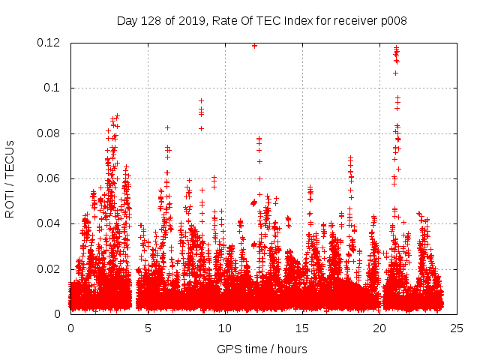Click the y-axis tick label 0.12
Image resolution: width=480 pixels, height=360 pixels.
(x=49, y=43)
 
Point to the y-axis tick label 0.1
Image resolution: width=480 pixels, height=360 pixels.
(x=52, y=88)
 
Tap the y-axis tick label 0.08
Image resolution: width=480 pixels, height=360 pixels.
(x=49, y=133)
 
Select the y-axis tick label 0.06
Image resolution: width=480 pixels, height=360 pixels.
(x=49, y=178)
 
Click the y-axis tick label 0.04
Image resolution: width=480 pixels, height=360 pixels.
(x=49, y=223)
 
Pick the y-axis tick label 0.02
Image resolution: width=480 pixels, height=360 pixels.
(x=49, y=269)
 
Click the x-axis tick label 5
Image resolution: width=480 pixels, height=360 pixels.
(x=148, y=328)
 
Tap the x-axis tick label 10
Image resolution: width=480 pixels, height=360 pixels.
(x=225, y=328)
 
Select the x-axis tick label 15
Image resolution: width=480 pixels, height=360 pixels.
(x=302, y=328)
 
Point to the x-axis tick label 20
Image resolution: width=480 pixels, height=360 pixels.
(x=379, y=328)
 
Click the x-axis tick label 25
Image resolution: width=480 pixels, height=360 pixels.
(x=457, y=328)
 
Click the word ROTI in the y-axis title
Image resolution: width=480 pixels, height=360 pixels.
(x=10, y=203)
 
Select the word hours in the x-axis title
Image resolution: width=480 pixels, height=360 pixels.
(x=292, y=349)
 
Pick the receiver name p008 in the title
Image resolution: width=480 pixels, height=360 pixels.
(x=393, y=20)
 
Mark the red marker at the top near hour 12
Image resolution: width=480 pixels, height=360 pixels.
(x=255, y=45)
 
